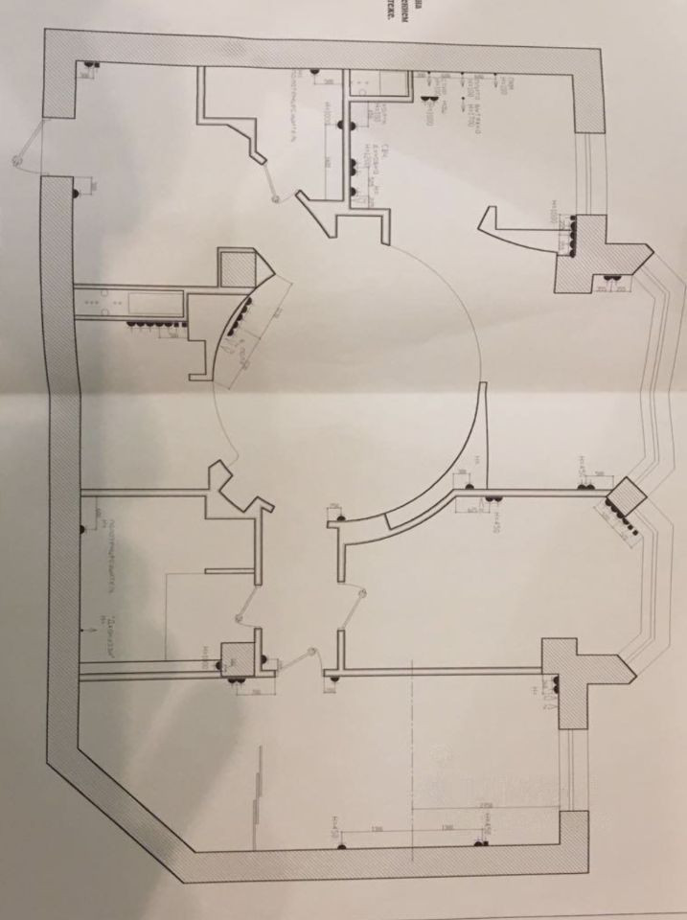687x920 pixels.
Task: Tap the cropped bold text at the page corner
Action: [x=669, y=15]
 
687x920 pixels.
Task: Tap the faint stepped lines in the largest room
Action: [x=257, y=786]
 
